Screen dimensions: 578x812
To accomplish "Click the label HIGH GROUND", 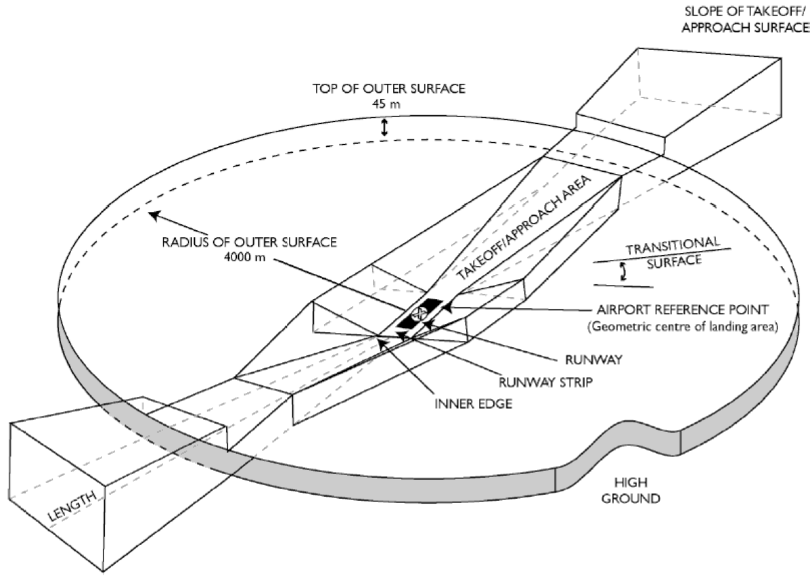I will click(635, 491).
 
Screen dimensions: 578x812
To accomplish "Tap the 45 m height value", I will click(384, 104).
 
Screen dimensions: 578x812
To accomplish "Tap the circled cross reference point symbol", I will click(420, 313).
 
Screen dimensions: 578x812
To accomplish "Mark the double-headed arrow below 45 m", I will click(384, 127).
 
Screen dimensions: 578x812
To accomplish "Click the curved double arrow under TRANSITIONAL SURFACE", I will click(625, 272).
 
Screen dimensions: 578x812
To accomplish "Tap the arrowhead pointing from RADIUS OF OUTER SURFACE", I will click(154, 215).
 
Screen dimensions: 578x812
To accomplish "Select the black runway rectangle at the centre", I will click(420, 313).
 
